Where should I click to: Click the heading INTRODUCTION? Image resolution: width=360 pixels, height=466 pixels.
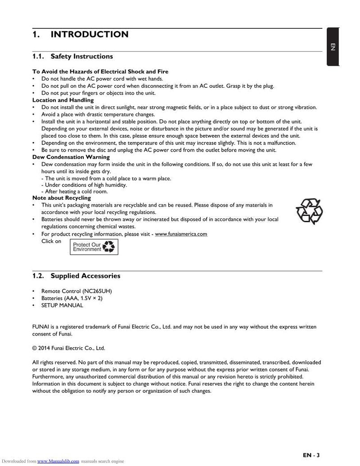[89, 35]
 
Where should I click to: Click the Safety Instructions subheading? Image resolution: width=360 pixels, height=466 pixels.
[81, 57]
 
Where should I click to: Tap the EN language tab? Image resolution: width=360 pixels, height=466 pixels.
[333, 47]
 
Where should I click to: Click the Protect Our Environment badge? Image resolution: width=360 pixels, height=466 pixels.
[94, 247]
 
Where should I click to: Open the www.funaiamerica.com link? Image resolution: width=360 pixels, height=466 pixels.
[181, 234]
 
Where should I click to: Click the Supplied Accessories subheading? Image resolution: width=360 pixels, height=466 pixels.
[85, 276]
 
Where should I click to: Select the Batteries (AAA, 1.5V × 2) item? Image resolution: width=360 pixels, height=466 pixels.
[72, 298]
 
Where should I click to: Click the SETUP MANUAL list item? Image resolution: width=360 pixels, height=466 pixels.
[62, 305]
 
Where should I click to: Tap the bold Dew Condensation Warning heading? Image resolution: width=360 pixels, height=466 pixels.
[71, 157]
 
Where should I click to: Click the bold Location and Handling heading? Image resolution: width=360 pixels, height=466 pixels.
[63, 100]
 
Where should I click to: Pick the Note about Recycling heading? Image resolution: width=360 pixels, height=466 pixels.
[62, 198]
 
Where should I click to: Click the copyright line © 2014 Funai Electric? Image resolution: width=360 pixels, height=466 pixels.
[68, 348]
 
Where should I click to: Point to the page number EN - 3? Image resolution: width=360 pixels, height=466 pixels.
[311, 455]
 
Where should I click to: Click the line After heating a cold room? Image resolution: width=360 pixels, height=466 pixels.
[74, 191]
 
